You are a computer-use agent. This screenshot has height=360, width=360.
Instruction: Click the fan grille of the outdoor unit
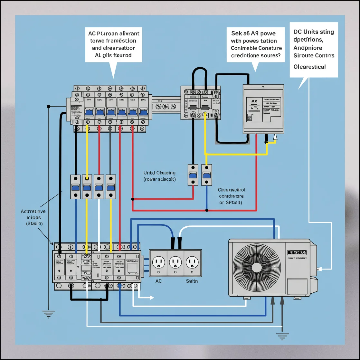click(x=257, y=267)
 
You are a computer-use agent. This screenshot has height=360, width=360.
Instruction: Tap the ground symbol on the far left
click(x=49, y=314)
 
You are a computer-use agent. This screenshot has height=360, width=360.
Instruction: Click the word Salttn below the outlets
click(x=192, y=281)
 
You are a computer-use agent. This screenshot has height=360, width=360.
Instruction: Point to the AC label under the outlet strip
click(x=158, y=281)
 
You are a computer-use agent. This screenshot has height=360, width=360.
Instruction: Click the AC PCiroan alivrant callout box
click(x=114, y=44)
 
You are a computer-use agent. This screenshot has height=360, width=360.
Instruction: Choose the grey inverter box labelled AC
click(x=263, y=109)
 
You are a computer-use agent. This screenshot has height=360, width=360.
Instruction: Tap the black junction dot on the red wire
click(x=207, y=211)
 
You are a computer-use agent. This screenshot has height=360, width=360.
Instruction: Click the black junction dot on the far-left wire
click(x=49, y=106)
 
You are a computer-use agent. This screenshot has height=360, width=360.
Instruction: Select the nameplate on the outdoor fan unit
click(x=296, y=253)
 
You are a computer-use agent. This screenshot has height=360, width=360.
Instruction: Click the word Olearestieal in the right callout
click(x=310, y=67)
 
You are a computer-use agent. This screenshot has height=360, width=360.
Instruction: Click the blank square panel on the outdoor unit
click(x=297, y=288)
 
